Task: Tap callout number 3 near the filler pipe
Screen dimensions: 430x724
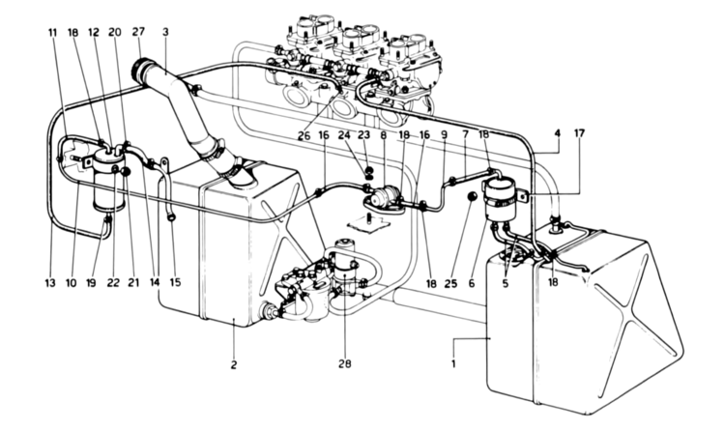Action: tap(166, 32)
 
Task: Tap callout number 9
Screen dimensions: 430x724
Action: tap(444, 136)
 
